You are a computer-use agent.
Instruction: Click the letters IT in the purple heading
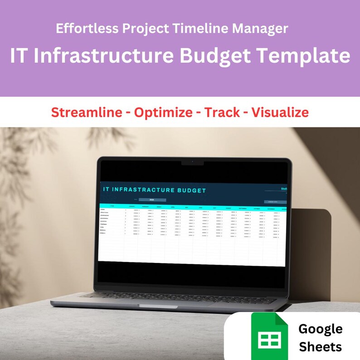click(19, 56)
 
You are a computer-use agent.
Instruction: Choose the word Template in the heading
click(303, 56)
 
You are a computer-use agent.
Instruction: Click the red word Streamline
click(86, 112)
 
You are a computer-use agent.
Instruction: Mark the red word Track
click(222, 112)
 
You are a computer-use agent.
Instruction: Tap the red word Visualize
click(280, 112)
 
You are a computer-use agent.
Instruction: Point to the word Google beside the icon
click(320, 329)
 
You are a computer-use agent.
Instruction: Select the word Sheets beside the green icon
click(320, 347)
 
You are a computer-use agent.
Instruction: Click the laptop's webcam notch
click(192, 162)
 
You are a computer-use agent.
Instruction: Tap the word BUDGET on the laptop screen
click(188, 190)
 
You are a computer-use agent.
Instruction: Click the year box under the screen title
click(152, 199)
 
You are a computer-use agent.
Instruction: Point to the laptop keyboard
click(181, 297)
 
